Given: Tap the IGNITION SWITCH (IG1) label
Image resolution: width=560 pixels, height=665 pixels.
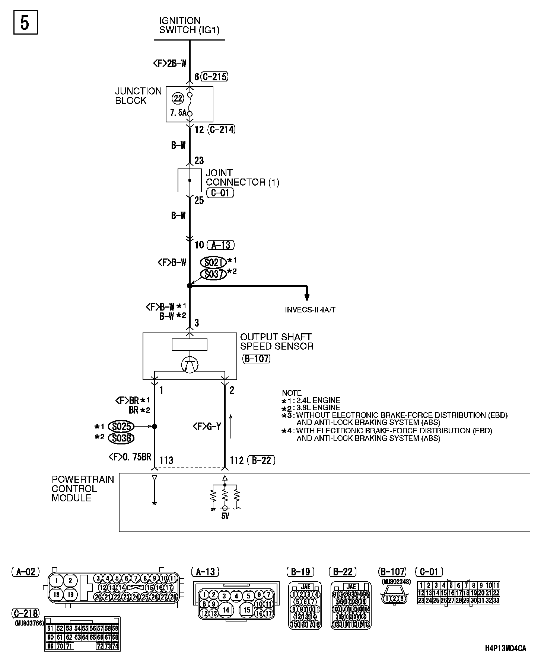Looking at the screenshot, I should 189,25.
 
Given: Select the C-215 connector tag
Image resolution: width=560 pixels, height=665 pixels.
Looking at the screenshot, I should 214,77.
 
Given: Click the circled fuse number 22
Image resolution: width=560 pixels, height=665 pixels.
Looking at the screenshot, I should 178,98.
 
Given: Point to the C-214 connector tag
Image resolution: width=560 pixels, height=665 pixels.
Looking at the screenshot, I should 221,129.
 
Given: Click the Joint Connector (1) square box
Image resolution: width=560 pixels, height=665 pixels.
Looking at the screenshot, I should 190,180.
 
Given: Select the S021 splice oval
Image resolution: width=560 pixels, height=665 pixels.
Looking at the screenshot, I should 213,262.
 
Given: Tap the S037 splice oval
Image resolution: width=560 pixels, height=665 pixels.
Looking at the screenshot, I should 213,274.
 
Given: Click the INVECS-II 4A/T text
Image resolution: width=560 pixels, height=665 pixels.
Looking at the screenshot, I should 310,309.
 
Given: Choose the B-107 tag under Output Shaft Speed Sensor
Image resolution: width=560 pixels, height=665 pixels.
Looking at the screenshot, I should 256,359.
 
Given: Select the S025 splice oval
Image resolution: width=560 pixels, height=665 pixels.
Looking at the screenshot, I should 121,426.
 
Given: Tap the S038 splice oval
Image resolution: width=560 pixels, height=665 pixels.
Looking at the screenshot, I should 121,438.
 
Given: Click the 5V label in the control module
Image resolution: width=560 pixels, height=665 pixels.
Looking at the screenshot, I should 225,516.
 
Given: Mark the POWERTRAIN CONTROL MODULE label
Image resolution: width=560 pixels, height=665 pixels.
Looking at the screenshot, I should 83,489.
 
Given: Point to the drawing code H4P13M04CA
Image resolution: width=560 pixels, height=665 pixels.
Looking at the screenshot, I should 505,649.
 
